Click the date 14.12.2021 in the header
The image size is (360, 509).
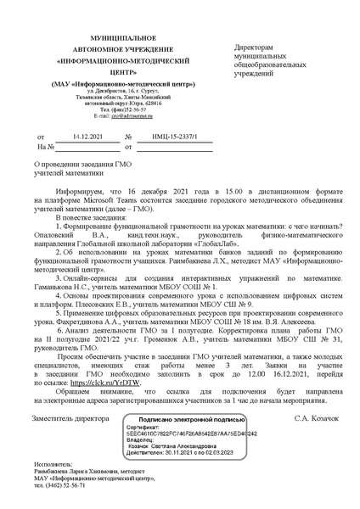pos(87,136)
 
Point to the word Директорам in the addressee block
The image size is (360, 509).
pos(252,48)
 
